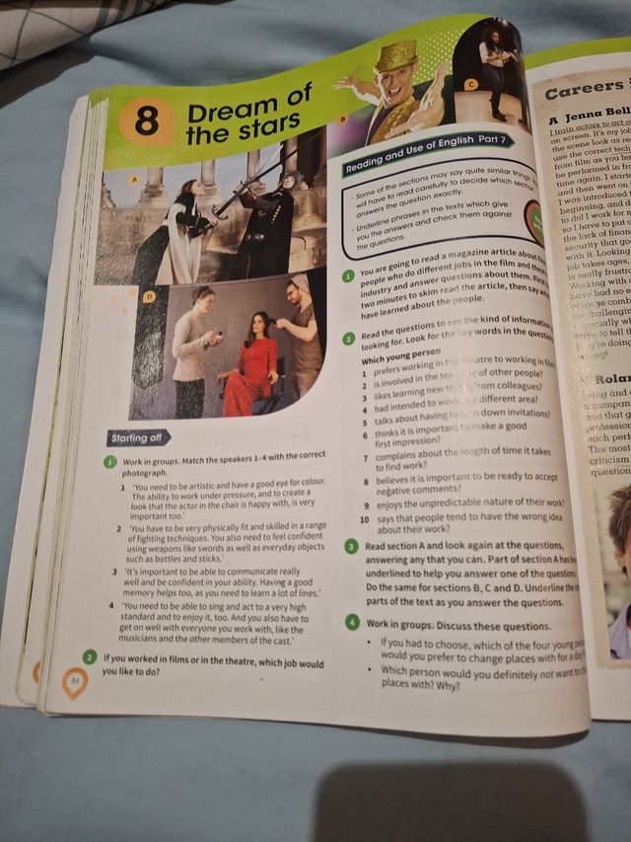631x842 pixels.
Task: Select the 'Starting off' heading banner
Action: point(138,436)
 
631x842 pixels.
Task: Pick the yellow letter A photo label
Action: point(134,180)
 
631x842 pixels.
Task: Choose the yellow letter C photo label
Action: point(470,85)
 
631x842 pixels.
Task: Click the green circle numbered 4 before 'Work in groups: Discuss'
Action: point(352,622)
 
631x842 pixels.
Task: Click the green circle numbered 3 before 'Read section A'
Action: point(351,545)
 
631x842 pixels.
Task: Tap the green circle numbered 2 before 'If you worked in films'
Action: point(90,657)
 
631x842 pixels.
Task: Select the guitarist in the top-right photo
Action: point(492,64)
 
